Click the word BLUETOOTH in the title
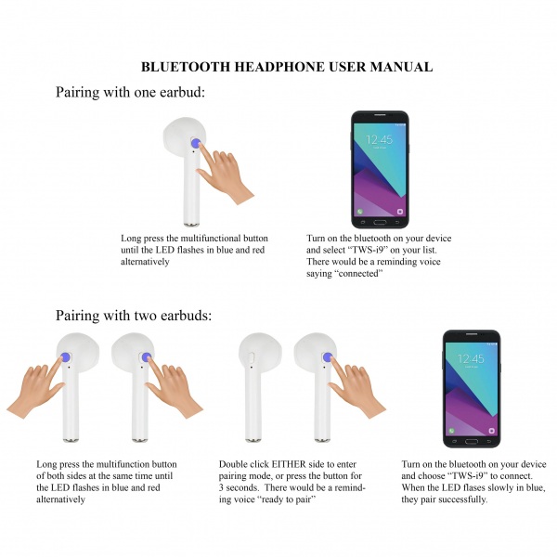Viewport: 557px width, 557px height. click(x=186, y=67)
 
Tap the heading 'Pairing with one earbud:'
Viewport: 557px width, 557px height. click(x=130, y=92)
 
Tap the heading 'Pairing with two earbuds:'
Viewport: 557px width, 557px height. click(x=134, y=316)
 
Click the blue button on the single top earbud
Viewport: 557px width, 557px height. click(x=195, y=143)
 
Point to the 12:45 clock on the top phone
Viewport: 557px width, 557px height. click(x=380, y=139)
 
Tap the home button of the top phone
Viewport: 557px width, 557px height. click(x=380, y=222)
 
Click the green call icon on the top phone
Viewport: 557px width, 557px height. click(x=360, y=212)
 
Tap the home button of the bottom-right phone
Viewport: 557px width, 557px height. click(x=472, y=441)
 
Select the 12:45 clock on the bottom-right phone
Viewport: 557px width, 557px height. click(x=471, y=358)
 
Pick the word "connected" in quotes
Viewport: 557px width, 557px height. click(x=358, y=274)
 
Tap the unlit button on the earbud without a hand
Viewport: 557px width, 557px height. click(x=252, y=357)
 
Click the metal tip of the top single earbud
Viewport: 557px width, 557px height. click(x=192, y=224)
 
